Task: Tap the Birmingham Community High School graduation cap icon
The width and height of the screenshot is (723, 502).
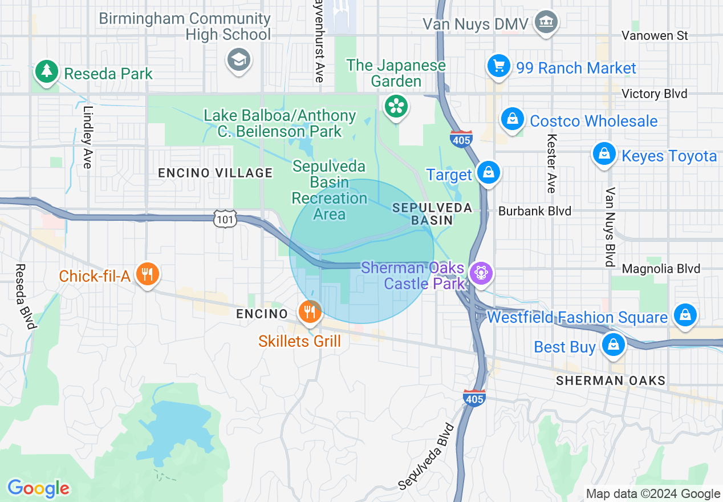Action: (x=239, y=59)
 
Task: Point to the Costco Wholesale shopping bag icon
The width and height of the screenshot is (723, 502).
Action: (x=513, y=119)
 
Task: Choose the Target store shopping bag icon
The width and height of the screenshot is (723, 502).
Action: (x=488, y=172)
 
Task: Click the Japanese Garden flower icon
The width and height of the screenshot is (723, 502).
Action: (x=395, y=106)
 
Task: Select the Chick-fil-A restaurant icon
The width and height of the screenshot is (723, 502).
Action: (x=147, y=274)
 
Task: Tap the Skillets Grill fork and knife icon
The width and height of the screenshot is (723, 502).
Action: (x=310, y=311)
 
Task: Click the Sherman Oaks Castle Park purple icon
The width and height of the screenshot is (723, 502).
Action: (x=481, y=273)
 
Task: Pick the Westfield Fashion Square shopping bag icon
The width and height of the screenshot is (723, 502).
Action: (x=685, y=314)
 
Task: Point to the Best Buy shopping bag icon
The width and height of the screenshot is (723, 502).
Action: (x=613, y=344)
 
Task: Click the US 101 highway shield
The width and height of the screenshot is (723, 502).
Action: (x=226, y=218)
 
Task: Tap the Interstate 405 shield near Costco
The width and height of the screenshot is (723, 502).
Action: (x=460, y=139)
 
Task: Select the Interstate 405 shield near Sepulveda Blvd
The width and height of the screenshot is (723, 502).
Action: (x=474, y=397)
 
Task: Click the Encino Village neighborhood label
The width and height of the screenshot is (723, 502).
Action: (x=216, y=173)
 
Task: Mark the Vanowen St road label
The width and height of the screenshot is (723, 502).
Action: (x=655, y=36)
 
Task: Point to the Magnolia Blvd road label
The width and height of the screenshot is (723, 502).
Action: (x=661, y=269)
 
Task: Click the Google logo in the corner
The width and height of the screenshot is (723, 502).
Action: (x=39, y=489)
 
